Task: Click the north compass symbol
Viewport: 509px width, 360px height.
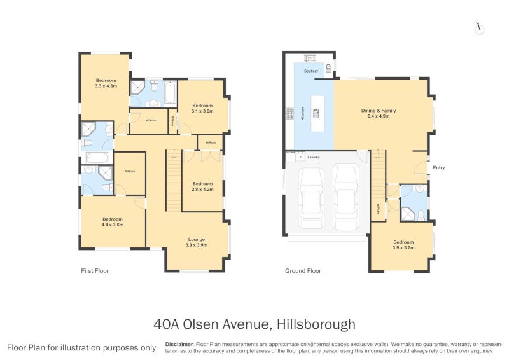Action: (x=478, y=28)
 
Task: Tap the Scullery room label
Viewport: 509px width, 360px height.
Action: (x=311, y=71)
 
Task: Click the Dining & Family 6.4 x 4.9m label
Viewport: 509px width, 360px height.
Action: (x=379, y=113)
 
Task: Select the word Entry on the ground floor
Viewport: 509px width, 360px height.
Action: (x=440, y=168)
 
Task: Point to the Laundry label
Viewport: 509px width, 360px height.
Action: (x=313, y=157)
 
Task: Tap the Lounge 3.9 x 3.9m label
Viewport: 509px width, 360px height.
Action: (x=197, y=242)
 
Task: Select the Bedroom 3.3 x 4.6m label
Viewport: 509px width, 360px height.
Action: (x=106, y=83)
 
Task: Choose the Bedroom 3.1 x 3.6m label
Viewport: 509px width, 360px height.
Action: (x=202, y=108)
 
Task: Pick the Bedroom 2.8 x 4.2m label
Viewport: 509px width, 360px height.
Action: (x=202, y=186)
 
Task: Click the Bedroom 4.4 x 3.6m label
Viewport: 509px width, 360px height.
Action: (x=112, y=221)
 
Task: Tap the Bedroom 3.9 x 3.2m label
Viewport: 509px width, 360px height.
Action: (x=403, y=245)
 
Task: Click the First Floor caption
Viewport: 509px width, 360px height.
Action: (x=95, y=271)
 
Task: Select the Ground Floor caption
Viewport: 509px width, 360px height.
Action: (x=303, y=271)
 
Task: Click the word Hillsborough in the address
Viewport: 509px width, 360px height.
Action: (x=315, y=324)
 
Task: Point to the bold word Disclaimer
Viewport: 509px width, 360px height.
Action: (x=179, y=343)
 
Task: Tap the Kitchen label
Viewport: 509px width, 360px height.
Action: (x=302, y=114)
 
